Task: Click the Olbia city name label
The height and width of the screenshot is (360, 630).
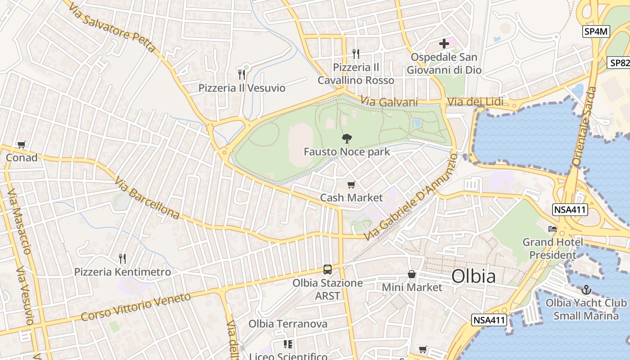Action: click(x=473, y=276)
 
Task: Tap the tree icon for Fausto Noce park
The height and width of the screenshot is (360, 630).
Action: click(x=346, y=138)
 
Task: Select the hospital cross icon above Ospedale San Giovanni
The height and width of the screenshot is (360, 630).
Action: click(x=444, y=44)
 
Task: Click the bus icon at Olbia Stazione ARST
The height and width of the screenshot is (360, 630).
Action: click(x=328, y=270)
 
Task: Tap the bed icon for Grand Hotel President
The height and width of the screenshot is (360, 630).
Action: click(x=553, y=229)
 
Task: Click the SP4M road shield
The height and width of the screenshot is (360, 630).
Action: click(x=596, y=31)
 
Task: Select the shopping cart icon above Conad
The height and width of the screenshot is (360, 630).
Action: click(x=21, y=144)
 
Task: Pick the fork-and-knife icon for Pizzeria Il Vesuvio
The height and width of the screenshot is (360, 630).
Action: click(x=242, y=74)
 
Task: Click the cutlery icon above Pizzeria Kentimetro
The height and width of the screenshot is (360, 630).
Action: click(x=122, y=258)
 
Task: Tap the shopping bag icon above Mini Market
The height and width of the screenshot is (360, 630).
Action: click(x=412, y=274)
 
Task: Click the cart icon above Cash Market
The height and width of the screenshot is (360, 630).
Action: click(x=351, y=184)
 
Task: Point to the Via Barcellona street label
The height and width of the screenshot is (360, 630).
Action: click(x=147, y=198)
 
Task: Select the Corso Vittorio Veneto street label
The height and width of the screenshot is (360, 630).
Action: click(x=136, y=306)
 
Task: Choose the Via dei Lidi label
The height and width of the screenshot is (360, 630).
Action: click(x=475, y=102)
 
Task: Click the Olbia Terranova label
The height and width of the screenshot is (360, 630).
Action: click(x=288, y=324)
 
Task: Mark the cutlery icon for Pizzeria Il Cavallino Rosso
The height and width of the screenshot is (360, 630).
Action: click(x=356, y=54)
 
